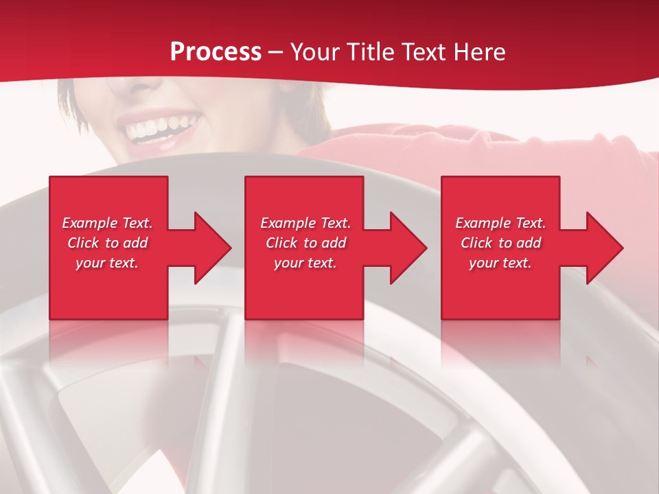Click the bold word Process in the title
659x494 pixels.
coord(216,52)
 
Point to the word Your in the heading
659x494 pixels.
coord(314,52)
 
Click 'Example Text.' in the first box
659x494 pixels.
coord(107,223)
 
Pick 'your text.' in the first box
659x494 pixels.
coord(107,263)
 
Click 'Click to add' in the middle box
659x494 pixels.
coord(305,243)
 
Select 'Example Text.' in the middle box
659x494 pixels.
coord(305,223)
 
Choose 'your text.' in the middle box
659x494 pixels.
coord(305,263)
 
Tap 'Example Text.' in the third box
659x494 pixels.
coord(500,223)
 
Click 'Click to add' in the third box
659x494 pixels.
coord(500,243)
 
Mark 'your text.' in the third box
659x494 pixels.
coord(500,263)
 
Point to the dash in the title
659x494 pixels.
coord(276,53)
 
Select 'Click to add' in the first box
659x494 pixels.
coord(107,243)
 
